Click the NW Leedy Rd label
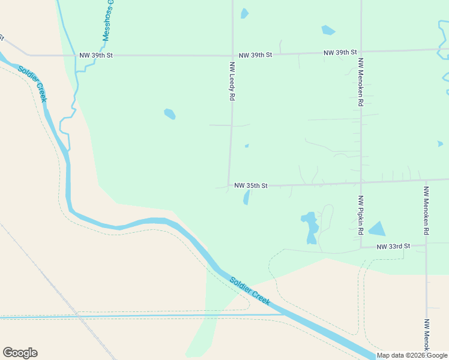coord(232,80)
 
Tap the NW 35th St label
coord(250,186)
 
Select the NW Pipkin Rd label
coord(361,215)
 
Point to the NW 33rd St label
coord(393,247)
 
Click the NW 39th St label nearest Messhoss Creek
coord(96,55)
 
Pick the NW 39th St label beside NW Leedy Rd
coord(255,55)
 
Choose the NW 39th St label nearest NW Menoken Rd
coord(340,53)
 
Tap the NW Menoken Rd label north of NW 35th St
coord(361,82)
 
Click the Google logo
coord(20,353)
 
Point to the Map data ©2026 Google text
coord(412,355)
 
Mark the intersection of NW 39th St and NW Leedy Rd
coord(233,55)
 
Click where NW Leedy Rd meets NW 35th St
coord(229,186)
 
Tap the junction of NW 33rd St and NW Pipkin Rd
coord(361,247)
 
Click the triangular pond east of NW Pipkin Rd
coord(378,229)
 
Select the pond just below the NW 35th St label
coord(246,197)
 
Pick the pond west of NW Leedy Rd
coord(170,113)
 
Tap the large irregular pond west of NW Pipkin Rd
coord(310,226)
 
